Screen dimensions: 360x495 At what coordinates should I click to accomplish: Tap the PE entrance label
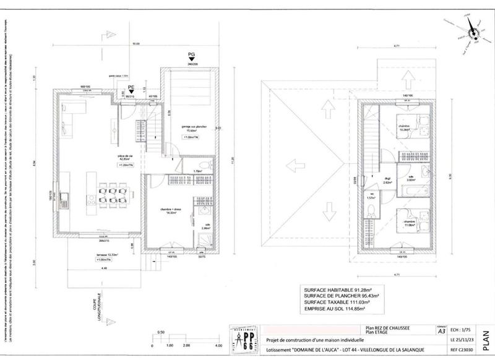131,87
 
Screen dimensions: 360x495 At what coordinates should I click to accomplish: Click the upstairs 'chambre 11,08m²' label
408,223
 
